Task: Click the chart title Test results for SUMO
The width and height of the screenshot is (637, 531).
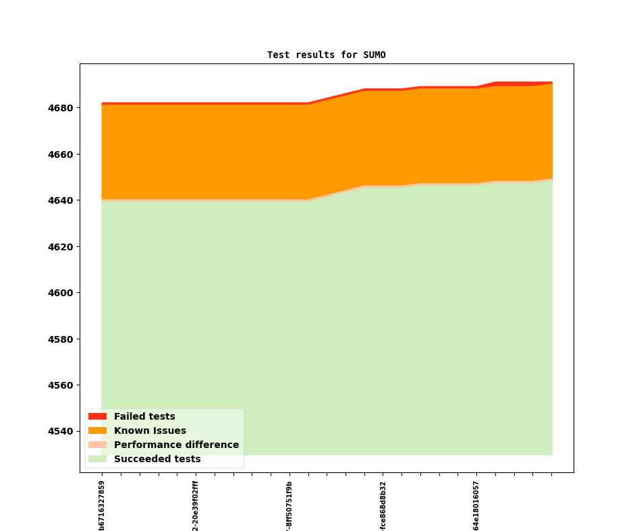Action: coord(326,55)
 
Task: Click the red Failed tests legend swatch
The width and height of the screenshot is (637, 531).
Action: coord(97,416)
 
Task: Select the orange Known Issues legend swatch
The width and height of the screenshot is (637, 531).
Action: coord(97,430)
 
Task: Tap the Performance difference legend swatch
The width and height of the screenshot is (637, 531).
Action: coord(97,445)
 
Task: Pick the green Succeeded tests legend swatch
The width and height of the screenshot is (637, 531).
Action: coord(97,459)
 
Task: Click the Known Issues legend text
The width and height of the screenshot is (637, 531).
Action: coord(150,430)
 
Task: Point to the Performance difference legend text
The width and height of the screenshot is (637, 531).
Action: coord(176,445)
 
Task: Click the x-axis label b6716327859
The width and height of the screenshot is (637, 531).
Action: coord(102,505)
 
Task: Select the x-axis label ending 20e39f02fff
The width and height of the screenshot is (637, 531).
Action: coord(196,505)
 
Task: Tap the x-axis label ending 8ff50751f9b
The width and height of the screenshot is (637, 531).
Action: coord(289,505)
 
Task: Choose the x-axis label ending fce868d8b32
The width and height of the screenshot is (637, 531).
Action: coord(383,505)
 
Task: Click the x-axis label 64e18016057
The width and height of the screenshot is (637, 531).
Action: coord(476,505)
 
